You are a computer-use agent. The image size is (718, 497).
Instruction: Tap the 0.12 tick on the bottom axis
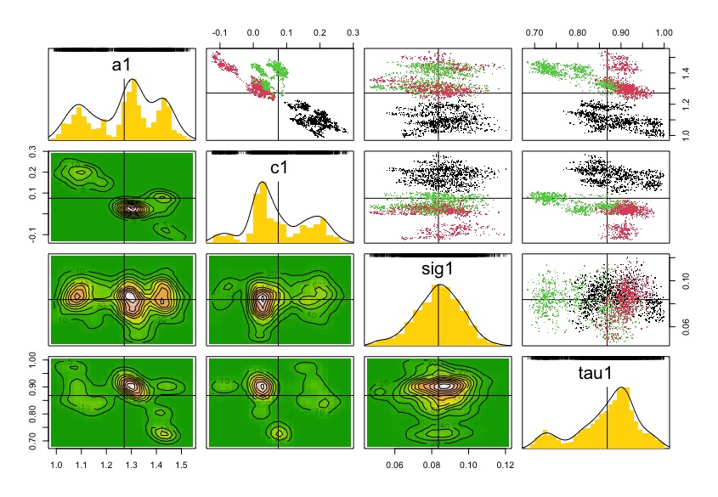(504, 465)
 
